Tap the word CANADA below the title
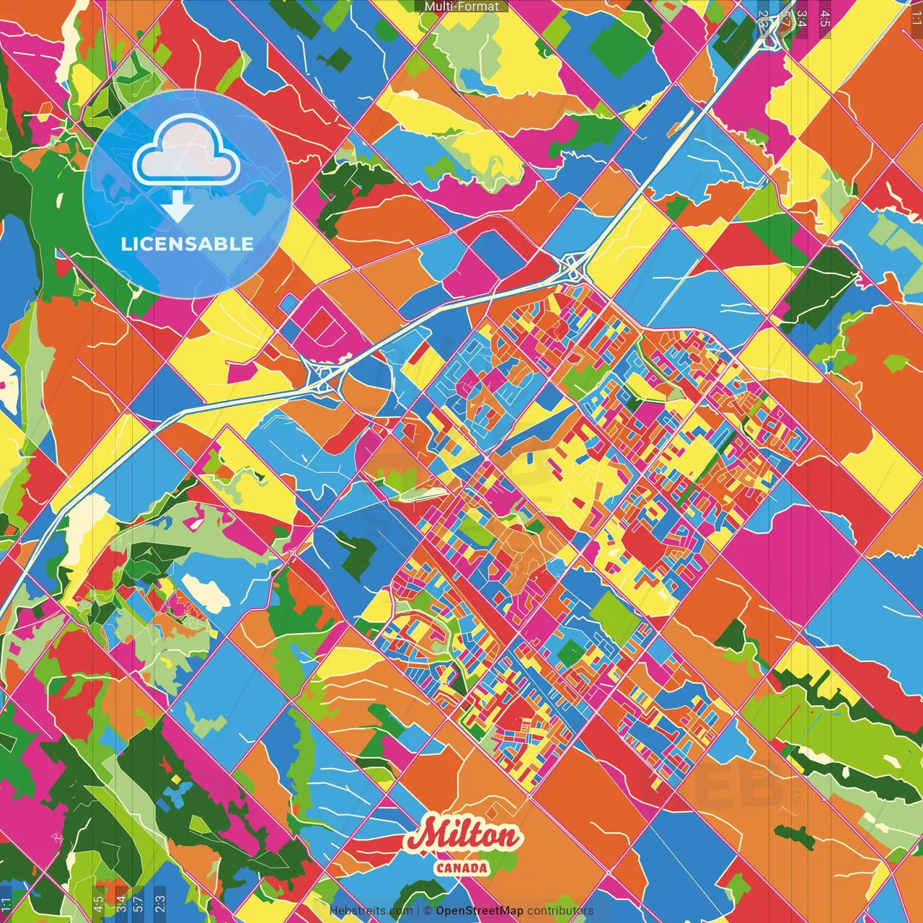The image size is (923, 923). coord(461,867)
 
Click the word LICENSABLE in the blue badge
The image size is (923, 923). coord(187,244)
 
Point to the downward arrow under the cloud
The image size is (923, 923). coord(177,209)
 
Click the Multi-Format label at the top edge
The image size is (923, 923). coord(461,6)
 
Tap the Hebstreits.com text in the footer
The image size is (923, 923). coord(371,911)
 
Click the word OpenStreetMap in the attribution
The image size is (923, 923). coord(479,911)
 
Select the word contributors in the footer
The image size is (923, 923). coord(560,911)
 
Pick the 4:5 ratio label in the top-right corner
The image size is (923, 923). coord(825,19)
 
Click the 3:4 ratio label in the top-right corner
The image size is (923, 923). coord(801,19)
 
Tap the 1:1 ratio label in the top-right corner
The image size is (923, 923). coord(916,19)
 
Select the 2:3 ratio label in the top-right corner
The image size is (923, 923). coord(764,19)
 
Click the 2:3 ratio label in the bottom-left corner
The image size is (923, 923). coord(159,903)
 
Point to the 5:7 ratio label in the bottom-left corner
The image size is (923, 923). coord(138,903)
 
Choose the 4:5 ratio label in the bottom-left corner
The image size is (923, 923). coord(98,903)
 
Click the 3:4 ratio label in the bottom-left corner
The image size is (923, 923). coord(120,903)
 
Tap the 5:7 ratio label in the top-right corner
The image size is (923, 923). coord(784,19)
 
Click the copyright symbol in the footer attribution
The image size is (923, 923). coord(428,911)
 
